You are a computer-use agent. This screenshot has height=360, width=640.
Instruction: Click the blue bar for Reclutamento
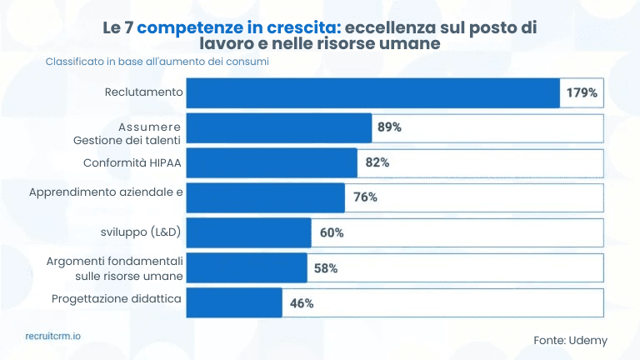372,92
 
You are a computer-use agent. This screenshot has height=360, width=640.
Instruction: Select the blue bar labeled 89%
278,127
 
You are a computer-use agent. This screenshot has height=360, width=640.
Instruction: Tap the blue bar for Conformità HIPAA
272,162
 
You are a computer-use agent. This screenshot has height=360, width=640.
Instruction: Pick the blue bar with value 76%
265,197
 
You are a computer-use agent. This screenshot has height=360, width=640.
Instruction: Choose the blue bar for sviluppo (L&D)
248,232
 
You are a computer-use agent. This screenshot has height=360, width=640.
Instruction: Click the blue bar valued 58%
247,268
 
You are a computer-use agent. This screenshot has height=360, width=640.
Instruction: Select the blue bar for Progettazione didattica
234,303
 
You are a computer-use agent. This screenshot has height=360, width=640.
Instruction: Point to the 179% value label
582,92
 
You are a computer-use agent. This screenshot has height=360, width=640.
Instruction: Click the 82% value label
377,162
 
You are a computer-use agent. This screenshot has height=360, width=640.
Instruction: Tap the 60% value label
332,232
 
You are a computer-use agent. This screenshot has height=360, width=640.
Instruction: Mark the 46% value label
302,303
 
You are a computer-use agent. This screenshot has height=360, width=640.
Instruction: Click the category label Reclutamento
143,91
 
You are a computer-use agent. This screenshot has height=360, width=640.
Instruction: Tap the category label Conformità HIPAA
132,162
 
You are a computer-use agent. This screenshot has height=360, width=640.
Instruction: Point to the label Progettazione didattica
117,297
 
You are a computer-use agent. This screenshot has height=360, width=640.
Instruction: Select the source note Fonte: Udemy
570,340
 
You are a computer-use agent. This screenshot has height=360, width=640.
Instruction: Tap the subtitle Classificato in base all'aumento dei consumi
157,62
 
